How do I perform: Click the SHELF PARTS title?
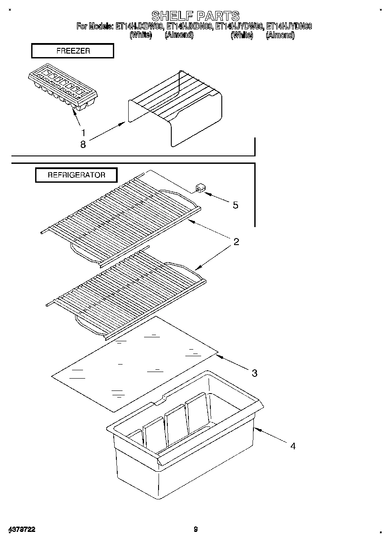coord(195,16)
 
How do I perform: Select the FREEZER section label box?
coord(72,51)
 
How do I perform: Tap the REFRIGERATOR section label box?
coord(76,175)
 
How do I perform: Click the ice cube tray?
coord(62,90)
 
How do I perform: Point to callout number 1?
coord(83,132)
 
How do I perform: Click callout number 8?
coord(83,144)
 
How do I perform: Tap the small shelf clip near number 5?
coord(199,189)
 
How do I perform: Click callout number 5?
coord(235,205)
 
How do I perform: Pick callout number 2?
coord(236,242)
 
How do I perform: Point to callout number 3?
coord(254,373)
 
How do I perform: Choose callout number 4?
coord(292,446)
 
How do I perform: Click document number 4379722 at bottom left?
coord(22,529)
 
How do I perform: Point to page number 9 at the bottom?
coord(196,529)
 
